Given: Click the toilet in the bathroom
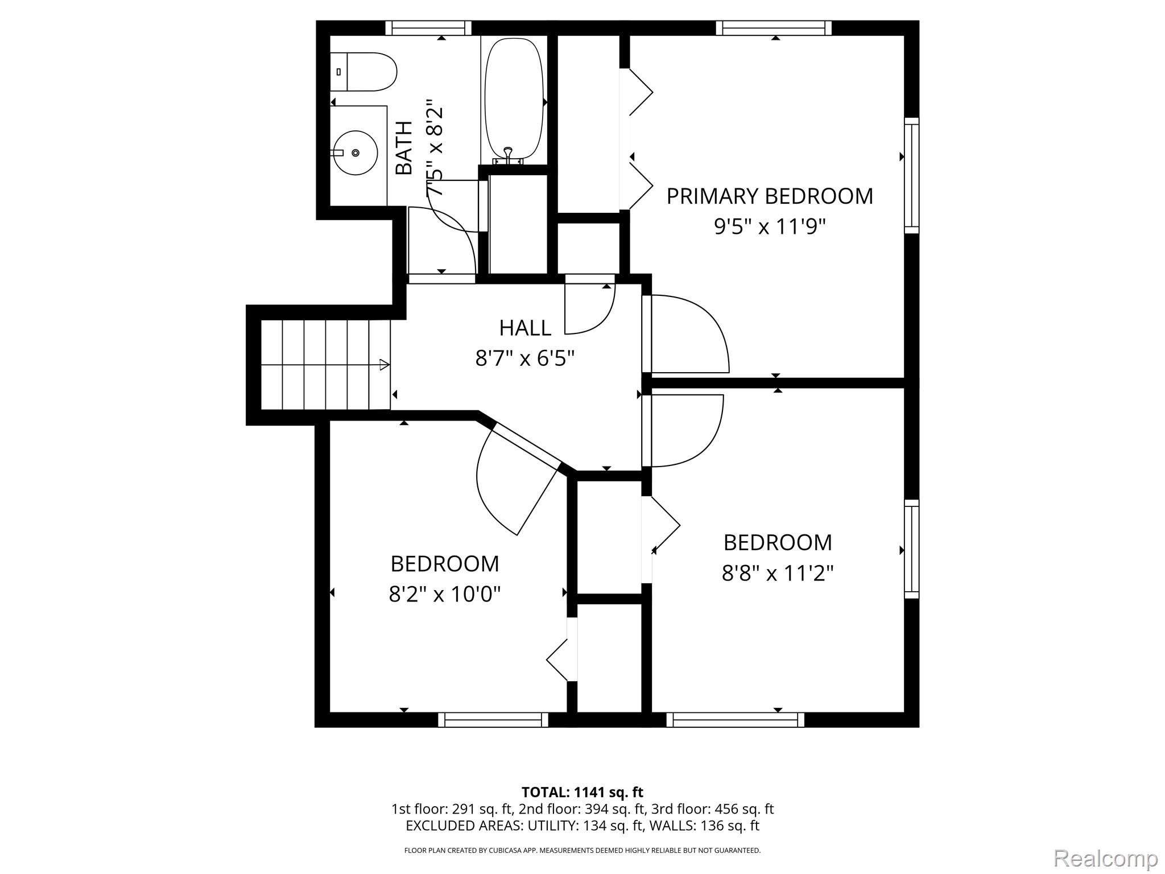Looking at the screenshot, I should point(364,72).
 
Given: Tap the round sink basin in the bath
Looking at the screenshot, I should point(356,152).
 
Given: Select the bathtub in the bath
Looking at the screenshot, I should point(513,99).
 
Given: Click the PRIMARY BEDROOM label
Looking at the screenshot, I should point(769,196).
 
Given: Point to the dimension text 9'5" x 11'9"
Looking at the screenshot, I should point(769,227).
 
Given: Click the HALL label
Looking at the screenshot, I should point(524,328).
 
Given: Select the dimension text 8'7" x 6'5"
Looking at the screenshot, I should point(524,358).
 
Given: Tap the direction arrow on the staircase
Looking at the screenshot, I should point(384,365).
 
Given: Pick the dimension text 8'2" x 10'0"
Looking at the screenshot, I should point(444,595).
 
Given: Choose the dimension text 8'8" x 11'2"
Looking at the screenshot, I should point(777,573).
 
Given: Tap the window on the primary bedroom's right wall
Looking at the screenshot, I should point(911,175).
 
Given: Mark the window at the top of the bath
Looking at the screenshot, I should point(428,28).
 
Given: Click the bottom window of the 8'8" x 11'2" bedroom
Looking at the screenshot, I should point(735,720).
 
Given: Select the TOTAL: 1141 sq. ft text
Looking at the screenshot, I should point(582,792).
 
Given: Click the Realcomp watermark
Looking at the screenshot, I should point(1105,857).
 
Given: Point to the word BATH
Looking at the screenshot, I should point(404,148).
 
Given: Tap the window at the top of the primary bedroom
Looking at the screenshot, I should point(774,28).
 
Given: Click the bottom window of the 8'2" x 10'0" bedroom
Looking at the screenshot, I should point(493,720).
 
